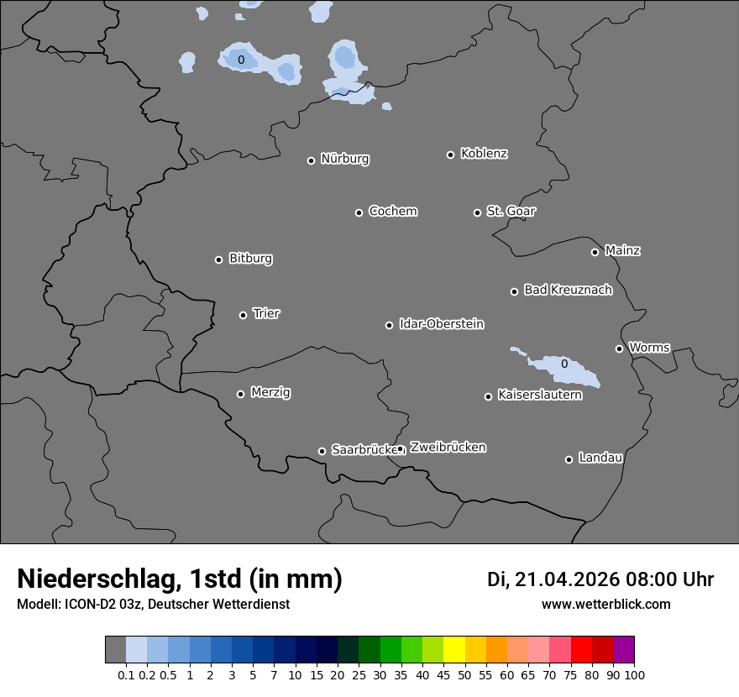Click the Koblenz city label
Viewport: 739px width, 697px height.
point(484,154)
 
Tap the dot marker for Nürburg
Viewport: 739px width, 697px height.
point(311,160)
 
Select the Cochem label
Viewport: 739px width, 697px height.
point(392,211)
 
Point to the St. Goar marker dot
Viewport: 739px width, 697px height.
point(477,212)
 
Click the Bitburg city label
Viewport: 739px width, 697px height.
point(250,259)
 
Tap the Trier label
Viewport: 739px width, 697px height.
point(266,313)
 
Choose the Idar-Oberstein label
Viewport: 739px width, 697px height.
point(441,324)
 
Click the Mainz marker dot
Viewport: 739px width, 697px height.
point(595,252)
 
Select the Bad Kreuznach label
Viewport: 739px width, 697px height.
point(568,290)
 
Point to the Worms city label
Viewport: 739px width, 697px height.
point(649,348)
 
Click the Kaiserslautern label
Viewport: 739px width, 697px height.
point(539,395)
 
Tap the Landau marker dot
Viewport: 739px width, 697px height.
point(569,459)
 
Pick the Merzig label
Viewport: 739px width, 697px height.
point(270,392)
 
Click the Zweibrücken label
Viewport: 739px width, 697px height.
point(448,448)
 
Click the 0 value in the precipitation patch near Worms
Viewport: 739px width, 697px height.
point(564,364)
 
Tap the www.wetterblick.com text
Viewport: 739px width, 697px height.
point(605,605)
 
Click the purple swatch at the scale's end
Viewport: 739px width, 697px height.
point(623,650)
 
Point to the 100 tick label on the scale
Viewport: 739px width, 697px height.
point(634,675)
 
